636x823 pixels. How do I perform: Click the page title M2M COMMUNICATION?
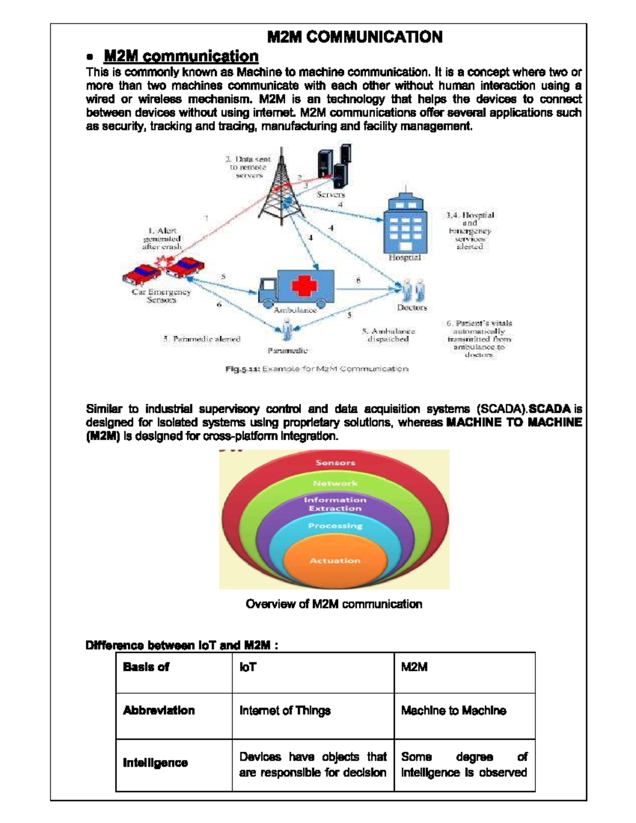tap(355, 37)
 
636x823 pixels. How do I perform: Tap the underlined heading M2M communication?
tap(181, 56)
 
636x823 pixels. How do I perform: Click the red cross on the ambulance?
tap(304, 287)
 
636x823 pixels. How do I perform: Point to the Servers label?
tap(331, 194)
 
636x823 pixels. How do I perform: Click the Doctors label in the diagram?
tap(412, 307)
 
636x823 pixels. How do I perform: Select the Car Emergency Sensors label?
tap(161, 296)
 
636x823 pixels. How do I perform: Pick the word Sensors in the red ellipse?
tap(335, 463)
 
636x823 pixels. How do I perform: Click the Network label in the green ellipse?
tap(335, 483)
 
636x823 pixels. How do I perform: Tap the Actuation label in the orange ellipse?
tap(334, 561)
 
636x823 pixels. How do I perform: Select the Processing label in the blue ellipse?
tap(335, 526)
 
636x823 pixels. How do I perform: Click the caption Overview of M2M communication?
tap(334, 604)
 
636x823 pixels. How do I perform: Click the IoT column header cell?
tap(313, 672)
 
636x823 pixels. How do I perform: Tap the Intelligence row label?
tap(155, 763)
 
